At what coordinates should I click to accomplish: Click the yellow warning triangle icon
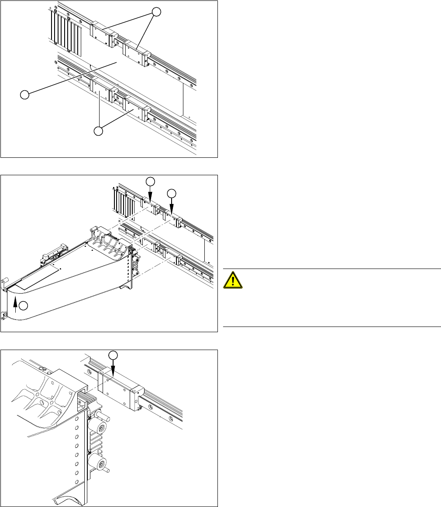(233, 279)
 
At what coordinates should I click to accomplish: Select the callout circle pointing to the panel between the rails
(25, 94)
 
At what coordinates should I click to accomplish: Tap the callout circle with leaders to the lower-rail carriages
(100, 130)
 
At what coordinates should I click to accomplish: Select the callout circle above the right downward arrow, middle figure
(172, 193)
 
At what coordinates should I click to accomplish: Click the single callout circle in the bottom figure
(113, 355)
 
